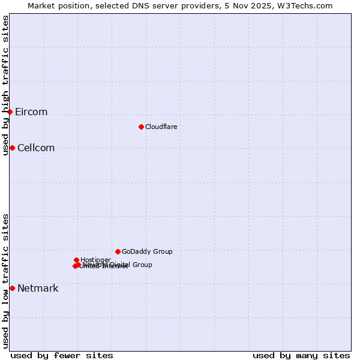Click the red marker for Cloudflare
click(x=141, y=127)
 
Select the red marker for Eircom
click(x=10, y=112)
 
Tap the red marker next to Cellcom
click(x=12, y=148)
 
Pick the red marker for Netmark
click(x=12, y=288)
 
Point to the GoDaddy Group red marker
click(x=118, y=251)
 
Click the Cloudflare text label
click(x=161, y=127)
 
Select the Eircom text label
click(x=31, y=112)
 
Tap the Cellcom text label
click(x=36, y=148)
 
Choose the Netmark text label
click(x=38, y=289)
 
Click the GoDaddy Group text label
click(x=147, y=252)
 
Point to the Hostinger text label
click(x=95, y=260)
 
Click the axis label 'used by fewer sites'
click(x=62, y=355)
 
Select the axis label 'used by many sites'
click(x=301, y=355)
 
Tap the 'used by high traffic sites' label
click(x=5, y=85)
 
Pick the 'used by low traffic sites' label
click(x=5, y=281)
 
